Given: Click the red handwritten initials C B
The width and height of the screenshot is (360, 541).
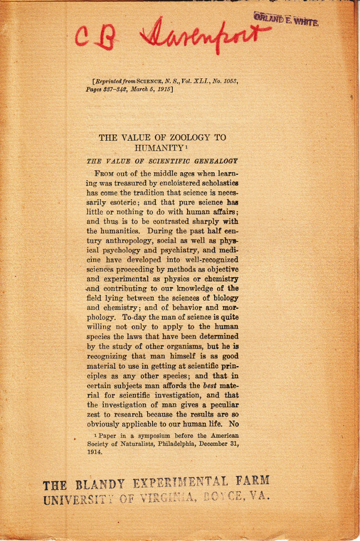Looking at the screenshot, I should click(x=95, y=36).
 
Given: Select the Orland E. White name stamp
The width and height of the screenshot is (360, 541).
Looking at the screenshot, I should click(x=286, y=20).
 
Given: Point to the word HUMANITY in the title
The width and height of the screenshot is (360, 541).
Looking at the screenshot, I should click(x=158, y=148).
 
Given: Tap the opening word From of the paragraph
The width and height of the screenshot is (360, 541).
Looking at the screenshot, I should click(x=105, y=173).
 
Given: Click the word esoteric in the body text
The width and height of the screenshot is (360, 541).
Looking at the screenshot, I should click(x=122, y=202).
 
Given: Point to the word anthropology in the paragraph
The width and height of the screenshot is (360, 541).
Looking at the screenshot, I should click(x=112, y=240).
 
